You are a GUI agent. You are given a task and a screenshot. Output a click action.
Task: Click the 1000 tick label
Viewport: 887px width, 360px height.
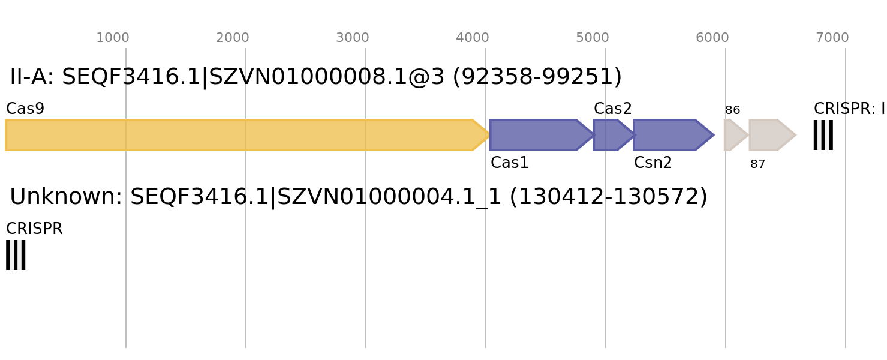(x=113, y=38)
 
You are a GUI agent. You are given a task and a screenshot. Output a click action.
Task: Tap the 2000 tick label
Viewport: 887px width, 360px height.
(x=233, y=38)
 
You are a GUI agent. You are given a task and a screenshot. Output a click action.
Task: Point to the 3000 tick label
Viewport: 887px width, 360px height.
(x=353, y=38)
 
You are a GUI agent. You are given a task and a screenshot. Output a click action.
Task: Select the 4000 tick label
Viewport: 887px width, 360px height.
(x=473, y=38)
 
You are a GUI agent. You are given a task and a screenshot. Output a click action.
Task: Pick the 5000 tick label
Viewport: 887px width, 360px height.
(x=593, y=38)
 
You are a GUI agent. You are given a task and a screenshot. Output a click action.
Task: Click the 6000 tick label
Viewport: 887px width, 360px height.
(x=712, y=38)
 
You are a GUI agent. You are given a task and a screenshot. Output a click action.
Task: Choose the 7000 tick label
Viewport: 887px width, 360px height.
(x=832, y=38)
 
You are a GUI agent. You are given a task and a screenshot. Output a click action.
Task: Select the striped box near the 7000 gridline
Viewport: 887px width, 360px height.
(x=823, y=135)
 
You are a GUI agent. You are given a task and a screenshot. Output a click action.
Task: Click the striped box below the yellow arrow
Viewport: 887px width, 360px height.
(x=16, y=255)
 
